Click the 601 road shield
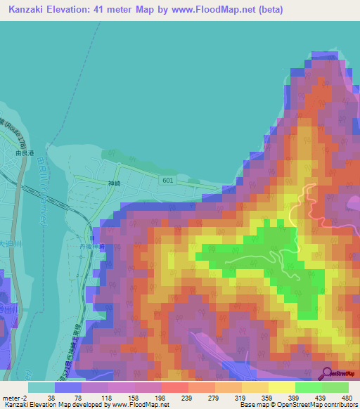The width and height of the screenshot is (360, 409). [167, 180]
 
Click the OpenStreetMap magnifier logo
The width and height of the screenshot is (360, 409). [327, 373]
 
